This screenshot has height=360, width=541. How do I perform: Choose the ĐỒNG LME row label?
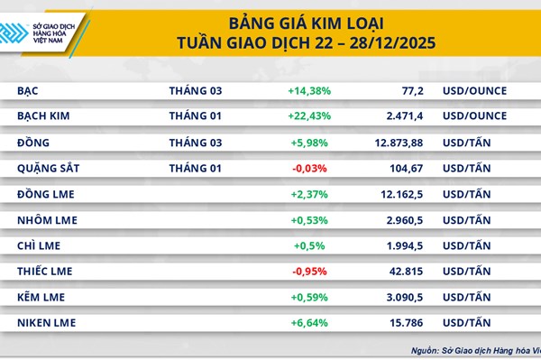[47, 194]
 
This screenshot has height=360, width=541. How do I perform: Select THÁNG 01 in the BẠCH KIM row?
[195, 116]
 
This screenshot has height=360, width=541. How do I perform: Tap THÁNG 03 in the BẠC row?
[195, 91]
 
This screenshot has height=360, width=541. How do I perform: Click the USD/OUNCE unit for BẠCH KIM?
[474, 116]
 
